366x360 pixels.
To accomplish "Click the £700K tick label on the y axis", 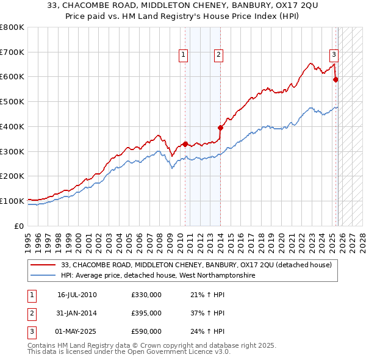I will pos(12,52).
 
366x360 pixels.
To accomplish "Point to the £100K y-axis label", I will pos(12,201).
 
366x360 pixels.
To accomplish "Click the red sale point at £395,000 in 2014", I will pos(220,128).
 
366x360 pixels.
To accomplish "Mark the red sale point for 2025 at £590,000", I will pos(335,79).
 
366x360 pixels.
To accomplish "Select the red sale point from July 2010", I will pos(185,144).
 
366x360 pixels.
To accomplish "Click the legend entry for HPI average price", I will pos(159,275).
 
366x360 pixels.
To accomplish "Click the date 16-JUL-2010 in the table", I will pos(77,295).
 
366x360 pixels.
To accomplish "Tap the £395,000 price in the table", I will pos(146,313).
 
